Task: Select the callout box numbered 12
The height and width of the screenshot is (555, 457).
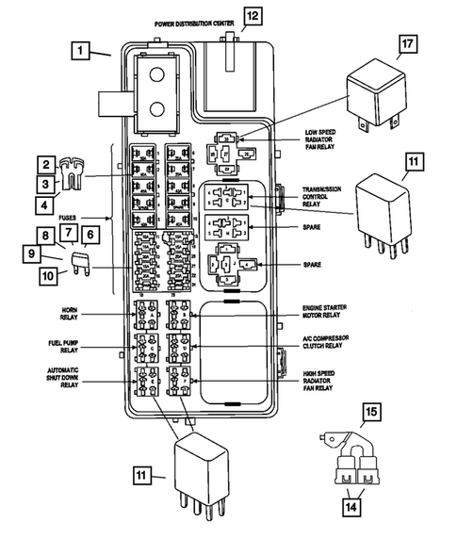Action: pyautogui.click(x=251, y=15)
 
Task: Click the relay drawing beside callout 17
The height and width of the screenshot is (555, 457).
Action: pyautogui.click(x=375, y=95)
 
